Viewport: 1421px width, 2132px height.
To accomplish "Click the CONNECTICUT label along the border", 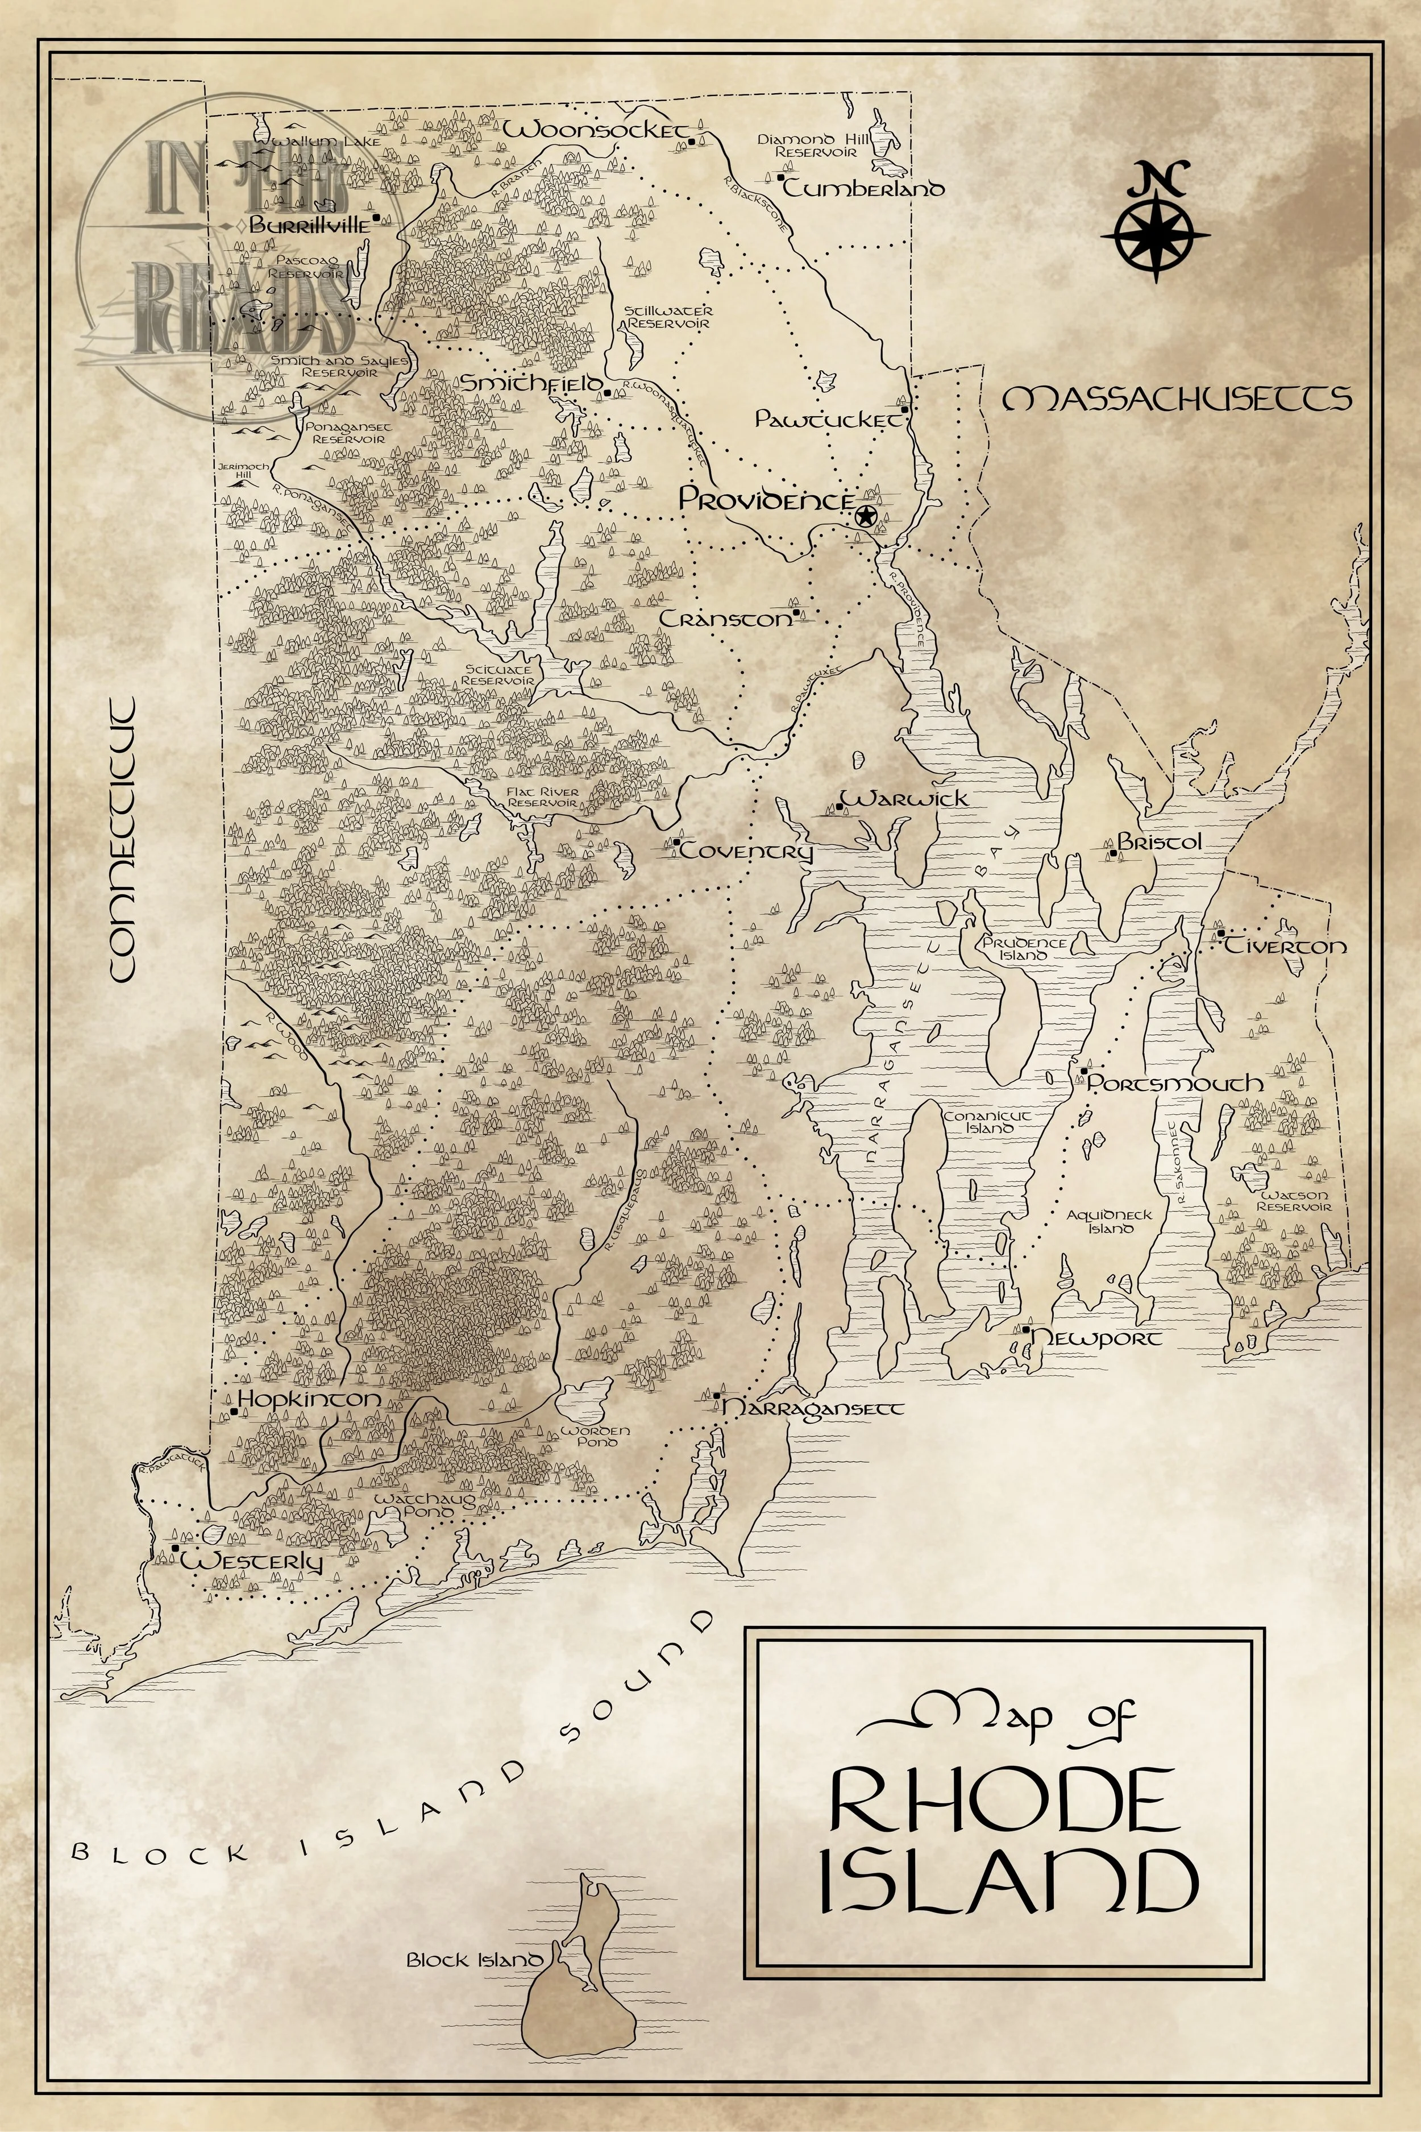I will (x=121, y=839).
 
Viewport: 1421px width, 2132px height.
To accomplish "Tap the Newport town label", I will (x=1096, y=1339).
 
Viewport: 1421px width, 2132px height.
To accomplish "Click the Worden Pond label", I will (x=595, y=1436).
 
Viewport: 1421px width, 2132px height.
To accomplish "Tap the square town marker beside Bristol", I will (x=1112, y=853).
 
